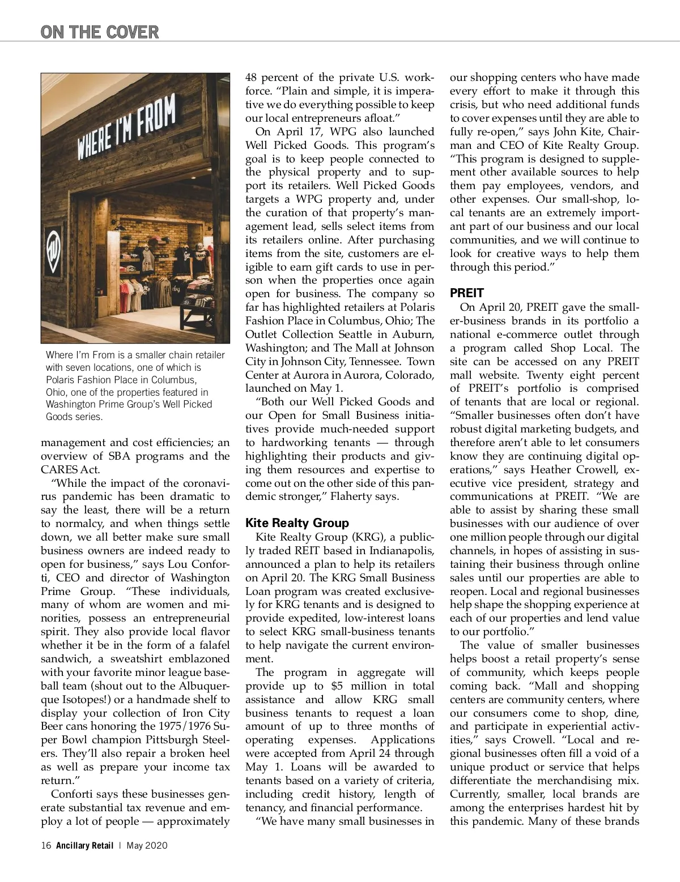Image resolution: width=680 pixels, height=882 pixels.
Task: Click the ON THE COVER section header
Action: coord(100,32)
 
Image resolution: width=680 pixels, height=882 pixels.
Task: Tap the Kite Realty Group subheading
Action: coord(297,523)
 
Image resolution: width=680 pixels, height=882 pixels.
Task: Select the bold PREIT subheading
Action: coord(466,293)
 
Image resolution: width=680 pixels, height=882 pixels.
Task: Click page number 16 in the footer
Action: coord(46,846)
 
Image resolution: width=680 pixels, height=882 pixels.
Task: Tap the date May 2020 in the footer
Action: coord(147,846)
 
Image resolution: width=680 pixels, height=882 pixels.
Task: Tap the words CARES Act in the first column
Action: coord(71,470)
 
